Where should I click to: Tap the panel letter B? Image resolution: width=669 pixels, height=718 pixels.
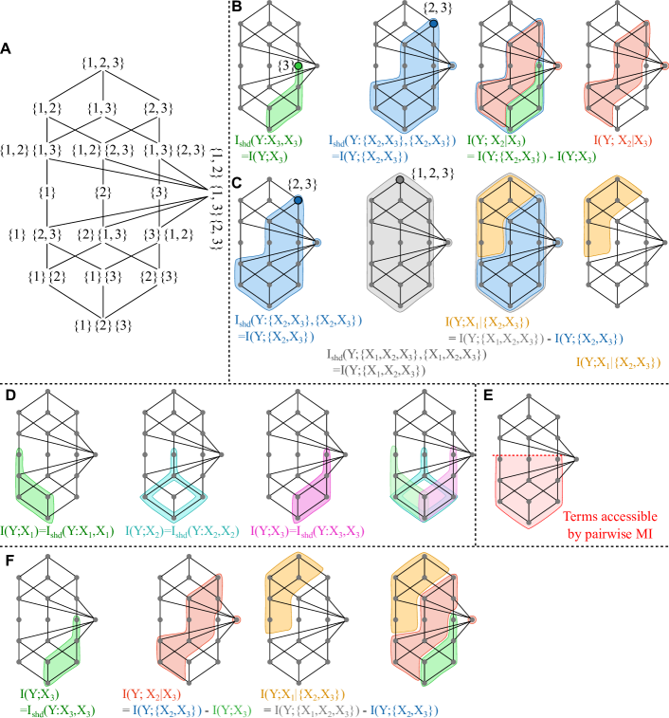(236, 8)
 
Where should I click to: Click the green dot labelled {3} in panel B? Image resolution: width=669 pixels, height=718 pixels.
(298, 66)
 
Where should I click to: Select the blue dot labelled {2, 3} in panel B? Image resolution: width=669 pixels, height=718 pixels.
(433, 22)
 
